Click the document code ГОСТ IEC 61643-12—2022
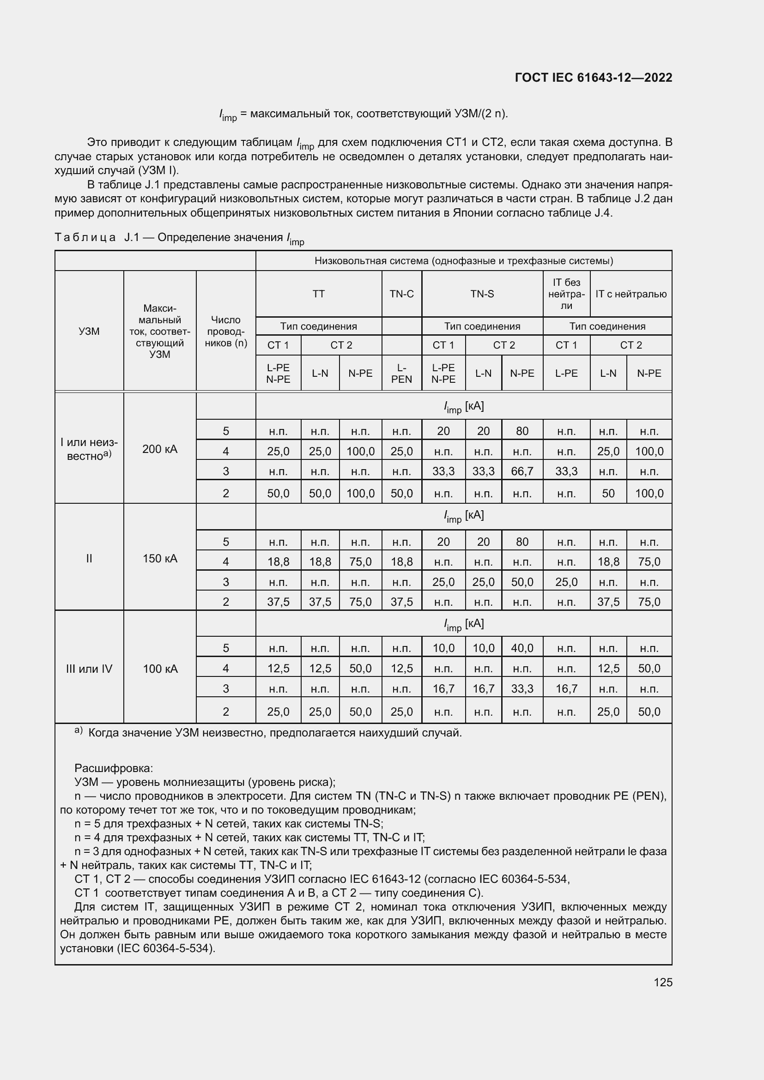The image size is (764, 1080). tap(593, 78)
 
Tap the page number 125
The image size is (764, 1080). tap(662, 982)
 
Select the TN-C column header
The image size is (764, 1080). tap(401, 294)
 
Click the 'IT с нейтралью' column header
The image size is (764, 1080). tap(631, 294)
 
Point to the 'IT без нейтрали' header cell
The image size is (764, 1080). tap(566, 294)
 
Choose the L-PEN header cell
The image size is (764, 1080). tap(401, 374)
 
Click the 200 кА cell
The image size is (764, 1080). tap(160, 449)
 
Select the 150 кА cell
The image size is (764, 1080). tap(160, 558)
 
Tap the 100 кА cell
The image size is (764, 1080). tap(160, 669)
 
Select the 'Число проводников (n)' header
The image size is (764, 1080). tap(226, 331)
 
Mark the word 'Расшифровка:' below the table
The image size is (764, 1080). tap(113, 768)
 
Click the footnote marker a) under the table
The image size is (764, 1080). tap(79, 730)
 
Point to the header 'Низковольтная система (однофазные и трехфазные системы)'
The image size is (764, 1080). tap(463, 261)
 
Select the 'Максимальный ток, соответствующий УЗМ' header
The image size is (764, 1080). tap(160, 331)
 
